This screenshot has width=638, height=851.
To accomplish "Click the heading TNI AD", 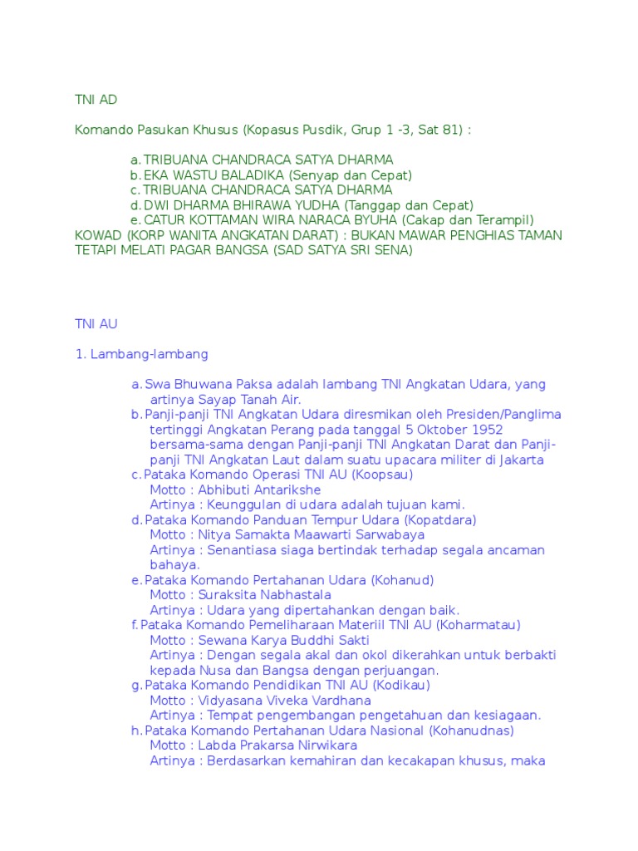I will pos(96,100).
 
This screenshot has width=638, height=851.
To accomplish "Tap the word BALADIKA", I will pos(249,175).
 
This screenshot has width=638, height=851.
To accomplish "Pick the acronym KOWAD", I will pos(96,235).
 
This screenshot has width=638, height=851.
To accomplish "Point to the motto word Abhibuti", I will pos(219,489).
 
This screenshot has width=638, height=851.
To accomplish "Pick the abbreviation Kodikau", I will pos(402,686).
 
